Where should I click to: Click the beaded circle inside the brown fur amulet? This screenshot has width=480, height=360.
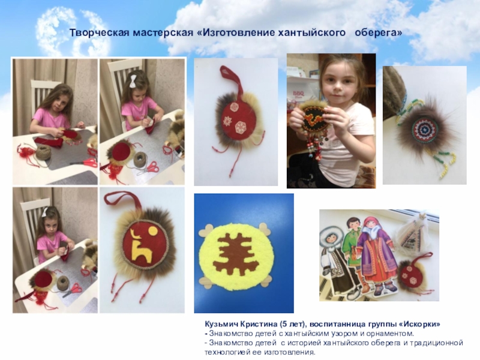423,131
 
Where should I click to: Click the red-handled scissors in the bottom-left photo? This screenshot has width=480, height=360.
73,290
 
